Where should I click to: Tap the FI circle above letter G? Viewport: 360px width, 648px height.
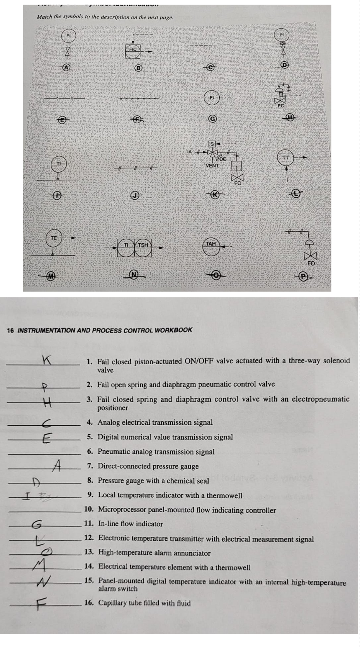[212, 98]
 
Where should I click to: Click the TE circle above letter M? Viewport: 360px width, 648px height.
[54, 238]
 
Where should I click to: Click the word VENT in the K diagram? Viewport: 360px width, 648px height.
[212, 166]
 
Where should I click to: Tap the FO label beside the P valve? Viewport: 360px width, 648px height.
[311, 263]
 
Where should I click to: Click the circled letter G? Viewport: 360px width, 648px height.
[212, 119]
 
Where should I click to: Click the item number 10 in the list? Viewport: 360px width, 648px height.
[89, 510]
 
